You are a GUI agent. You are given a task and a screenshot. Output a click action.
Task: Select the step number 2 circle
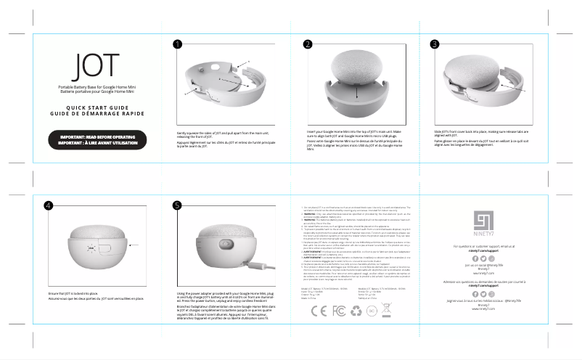[308, 45]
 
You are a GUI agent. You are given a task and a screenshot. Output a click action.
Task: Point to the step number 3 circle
[435, 45]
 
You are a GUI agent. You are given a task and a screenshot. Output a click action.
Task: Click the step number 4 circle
[48, 205]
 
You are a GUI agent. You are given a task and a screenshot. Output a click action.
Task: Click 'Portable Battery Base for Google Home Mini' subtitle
[95, 86]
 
